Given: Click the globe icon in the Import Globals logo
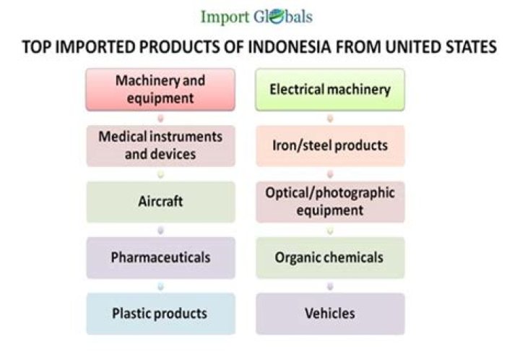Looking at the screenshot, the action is click(277, 17).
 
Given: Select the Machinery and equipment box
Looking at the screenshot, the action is click(160, 89).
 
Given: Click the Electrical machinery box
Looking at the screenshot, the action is click(330, 89).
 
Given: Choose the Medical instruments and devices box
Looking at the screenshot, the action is click(160, 145).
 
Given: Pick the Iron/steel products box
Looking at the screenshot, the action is click(330, 145).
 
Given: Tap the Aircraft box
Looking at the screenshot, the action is click(160, 202).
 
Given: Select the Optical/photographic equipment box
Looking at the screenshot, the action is click(330, 202).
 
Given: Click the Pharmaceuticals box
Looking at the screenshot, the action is click(160, 257).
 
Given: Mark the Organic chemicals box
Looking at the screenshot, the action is click(330, 257).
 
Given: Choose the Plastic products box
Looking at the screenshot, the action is click(160, 314).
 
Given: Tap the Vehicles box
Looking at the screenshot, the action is click(330, 314).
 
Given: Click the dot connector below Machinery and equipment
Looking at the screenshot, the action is click(160, 118).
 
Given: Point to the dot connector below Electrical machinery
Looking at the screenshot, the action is click(330, 118).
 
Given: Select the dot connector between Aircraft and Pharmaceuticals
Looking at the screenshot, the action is click(160, 230).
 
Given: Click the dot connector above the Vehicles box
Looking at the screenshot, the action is click(330, 286).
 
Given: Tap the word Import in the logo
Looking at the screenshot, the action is click(225, 17).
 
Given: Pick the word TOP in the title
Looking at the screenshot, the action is click(36, 46).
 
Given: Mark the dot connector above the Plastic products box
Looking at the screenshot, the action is click(160, 286).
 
